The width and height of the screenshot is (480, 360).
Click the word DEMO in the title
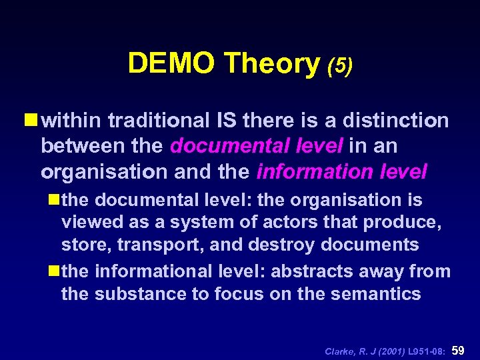pyautogui.click(x=172, y=64)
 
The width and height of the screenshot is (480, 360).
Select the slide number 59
pyautogui.click(x=459, y=349)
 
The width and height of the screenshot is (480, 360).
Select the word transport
pyautogui.click(x=159, y=245)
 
